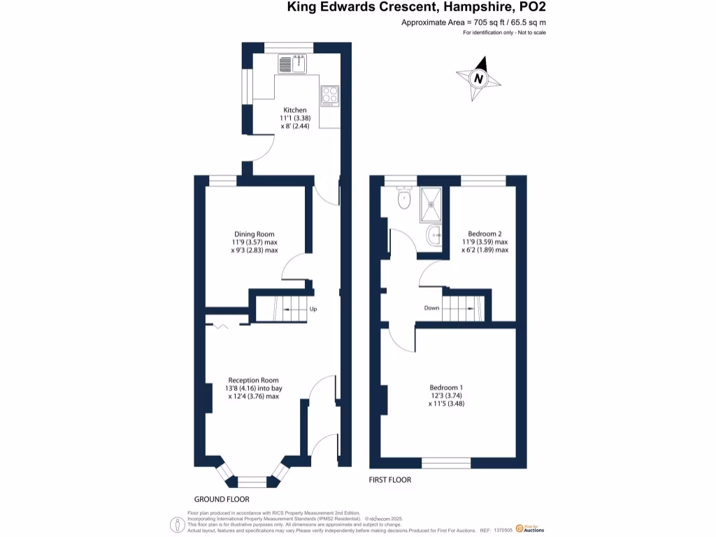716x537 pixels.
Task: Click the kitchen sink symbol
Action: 293,64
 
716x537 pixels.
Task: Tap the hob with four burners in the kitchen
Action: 329,94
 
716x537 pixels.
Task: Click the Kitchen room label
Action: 294,110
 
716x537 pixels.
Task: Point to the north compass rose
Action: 479,78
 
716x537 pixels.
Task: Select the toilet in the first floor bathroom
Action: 403,200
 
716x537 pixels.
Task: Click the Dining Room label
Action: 254,234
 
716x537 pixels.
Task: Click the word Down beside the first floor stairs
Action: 431,308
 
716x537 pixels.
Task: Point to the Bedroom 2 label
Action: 485,234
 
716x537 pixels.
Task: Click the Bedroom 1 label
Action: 446,387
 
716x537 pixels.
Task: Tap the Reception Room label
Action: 253,380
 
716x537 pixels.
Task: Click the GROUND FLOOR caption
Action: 221,499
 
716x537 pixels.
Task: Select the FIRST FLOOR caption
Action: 390,480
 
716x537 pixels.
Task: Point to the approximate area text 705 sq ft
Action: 473,23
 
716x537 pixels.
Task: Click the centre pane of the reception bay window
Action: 252,481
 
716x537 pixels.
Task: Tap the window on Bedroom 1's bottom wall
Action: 446,463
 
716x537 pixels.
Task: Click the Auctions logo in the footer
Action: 529,529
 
